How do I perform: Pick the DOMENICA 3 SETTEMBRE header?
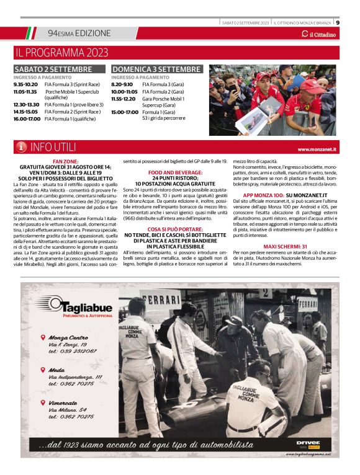156,69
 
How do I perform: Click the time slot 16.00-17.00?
25,118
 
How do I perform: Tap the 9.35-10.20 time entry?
25,84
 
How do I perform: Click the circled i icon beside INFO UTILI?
21,148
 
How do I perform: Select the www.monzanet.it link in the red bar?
317,149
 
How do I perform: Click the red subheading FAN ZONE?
65,161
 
